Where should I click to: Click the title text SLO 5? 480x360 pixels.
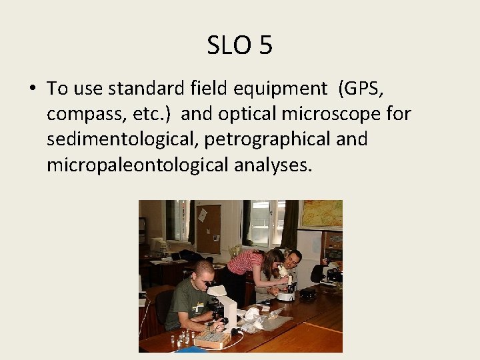239,45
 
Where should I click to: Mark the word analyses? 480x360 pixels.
273,165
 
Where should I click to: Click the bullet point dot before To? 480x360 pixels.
31,89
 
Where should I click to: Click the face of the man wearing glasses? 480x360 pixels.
293,259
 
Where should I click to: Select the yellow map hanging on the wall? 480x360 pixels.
321,214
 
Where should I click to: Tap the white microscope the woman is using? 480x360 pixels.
287,289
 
